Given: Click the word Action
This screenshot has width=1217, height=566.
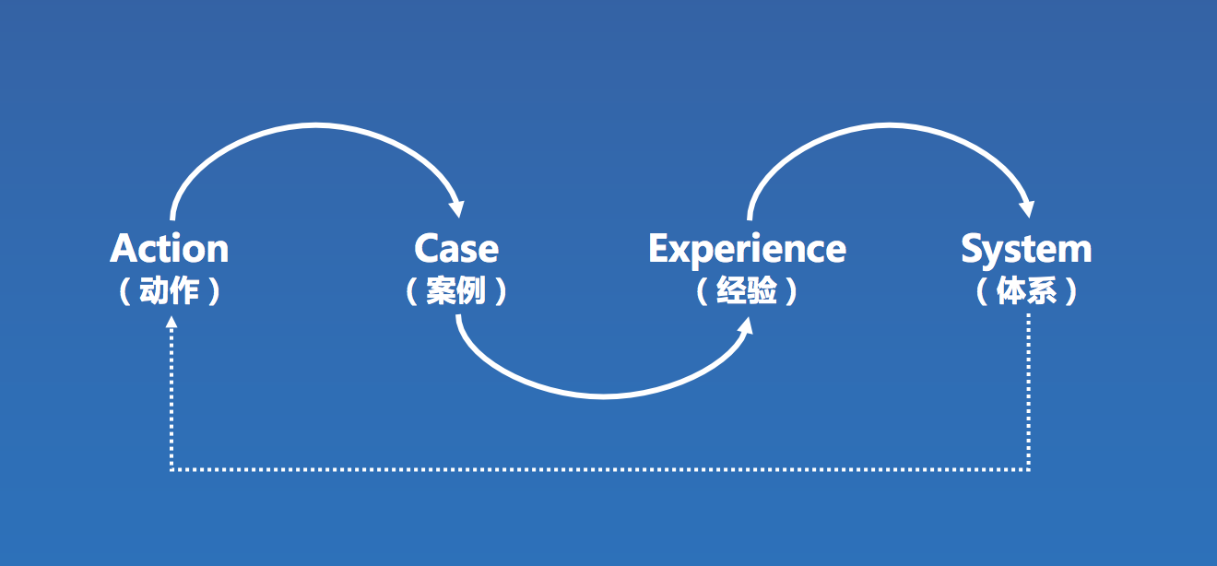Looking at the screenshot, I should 170,249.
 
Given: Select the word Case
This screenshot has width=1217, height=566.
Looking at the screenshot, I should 456,249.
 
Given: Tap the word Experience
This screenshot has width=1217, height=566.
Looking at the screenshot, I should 747,249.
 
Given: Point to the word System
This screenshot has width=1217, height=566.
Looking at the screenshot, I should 1026,250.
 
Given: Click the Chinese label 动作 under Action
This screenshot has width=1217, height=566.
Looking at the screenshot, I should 170,292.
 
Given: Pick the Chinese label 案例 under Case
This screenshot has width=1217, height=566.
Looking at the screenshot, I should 456,292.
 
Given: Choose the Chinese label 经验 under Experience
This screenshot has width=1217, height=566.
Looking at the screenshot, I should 747,292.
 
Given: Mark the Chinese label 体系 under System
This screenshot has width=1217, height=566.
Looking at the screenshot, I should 1026,292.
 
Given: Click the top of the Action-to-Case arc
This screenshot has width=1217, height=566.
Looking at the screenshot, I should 313,124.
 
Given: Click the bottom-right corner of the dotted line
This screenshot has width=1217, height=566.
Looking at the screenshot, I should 1028,469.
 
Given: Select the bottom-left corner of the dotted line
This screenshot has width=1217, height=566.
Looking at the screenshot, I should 171,469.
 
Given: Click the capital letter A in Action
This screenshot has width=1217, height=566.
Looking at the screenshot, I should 123,249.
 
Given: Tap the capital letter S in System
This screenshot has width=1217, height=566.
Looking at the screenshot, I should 973,249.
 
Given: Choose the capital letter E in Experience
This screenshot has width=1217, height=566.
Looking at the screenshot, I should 659,249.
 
